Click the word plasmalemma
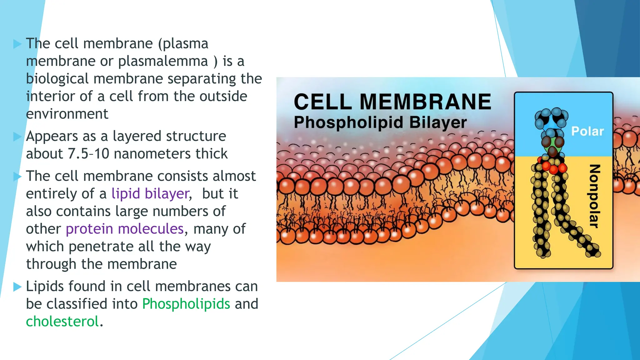[x=163, y=61]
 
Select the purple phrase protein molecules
[x=125, y=229]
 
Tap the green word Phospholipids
[x=186, y=304]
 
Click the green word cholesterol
[x=62, y=322]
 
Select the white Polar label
[x=587, y=131]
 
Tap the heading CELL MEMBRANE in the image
[x=392, y=102]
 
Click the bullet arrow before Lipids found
[x=17, y=287]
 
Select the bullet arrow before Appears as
[x=17, y=137]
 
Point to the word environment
[x=67, y=114]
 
